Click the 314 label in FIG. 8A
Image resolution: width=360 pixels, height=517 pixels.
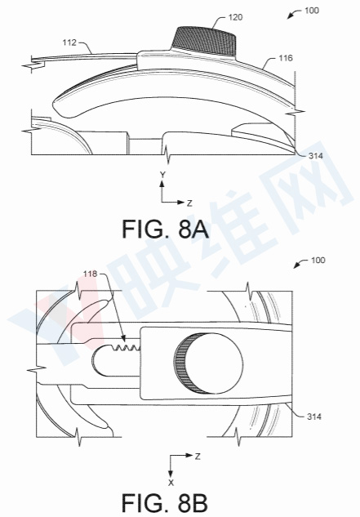pos(319,154)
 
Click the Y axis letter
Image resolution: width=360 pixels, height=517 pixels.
pos(163,176)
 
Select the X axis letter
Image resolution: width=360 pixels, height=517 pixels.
pos(169,471)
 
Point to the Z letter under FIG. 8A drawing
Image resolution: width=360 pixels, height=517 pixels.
pos(189,201)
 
